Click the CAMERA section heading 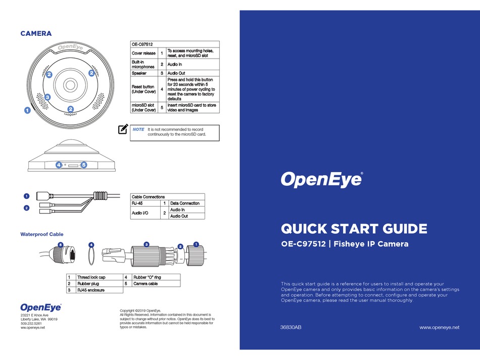36,34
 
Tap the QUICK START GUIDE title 354,229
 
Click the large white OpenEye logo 321,179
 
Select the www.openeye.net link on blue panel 440,327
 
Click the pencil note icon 123,130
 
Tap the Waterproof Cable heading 42,234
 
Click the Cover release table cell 143,53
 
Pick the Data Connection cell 185,203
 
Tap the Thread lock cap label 91,277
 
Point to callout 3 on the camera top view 47,96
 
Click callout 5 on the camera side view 83,165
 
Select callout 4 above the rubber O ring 91,245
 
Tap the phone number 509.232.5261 31,323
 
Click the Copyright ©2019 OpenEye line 140,310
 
